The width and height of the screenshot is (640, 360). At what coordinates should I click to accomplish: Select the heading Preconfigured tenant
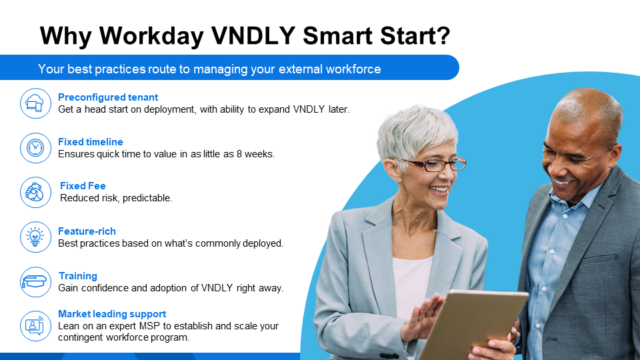108,97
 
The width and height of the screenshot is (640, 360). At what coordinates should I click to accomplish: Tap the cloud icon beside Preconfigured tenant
35,103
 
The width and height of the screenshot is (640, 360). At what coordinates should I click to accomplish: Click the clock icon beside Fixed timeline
35,147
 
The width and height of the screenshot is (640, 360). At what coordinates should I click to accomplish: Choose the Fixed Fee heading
83,186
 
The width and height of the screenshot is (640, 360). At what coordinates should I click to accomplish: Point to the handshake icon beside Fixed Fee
35,192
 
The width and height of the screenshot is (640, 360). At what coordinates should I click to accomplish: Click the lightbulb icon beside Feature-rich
35,237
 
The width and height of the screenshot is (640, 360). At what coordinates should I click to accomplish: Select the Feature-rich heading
87,231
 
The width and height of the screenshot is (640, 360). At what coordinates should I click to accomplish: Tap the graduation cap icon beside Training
35,281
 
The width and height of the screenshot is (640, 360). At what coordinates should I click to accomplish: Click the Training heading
77,276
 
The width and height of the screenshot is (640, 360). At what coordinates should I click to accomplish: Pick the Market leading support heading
112,314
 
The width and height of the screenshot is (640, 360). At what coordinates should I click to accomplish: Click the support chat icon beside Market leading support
35,325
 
